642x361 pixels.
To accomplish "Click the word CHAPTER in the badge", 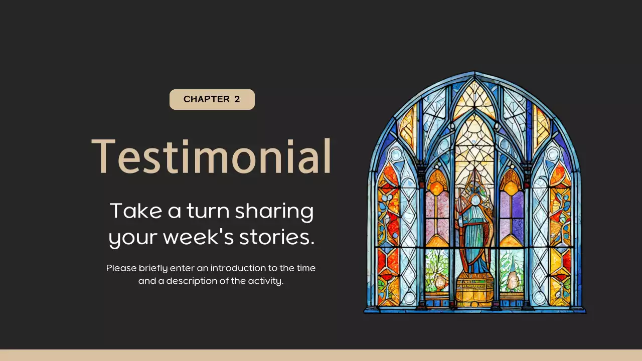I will pyautogui.click(x=207, y=99).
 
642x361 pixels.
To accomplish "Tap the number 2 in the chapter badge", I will pyautogui.click(x=237, y=99).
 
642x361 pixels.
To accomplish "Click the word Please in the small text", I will pyautogui.click(x=121, y=268).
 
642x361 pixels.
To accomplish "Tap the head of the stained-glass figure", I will pyautogui.click(x=474, y=201).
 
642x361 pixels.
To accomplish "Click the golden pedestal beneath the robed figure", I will pyautogui.click(x=474, y=291).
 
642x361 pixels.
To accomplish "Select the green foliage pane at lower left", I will pyautogui.click(x=437, y=271).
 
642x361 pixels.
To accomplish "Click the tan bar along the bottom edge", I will pyautogui.click(x=321, y=355).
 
